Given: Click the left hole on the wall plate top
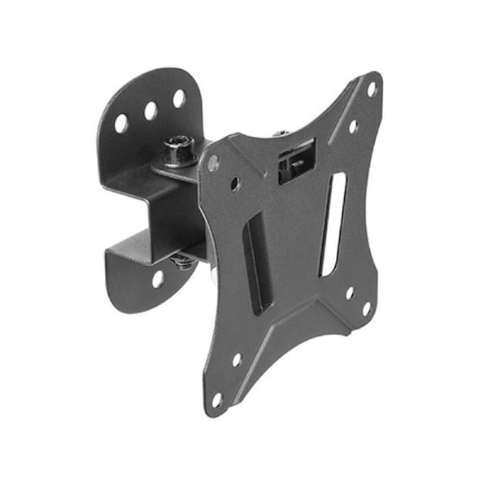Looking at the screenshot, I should click(121, 123).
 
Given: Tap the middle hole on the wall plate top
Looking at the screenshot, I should click(151, 111).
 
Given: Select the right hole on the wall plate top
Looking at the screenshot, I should click(179, 99).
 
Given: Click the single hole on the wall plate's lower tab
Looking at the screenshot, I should click(158, 278).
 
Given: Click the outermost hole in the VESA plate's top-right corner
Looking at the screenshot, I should click(372, 89).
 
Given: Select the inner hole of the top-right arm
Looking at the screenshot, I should click(353, 127).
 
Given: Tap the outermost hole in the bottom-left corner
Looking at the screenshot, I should click(217, 399).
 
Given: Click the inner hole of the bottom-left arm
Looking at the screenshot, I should click(237, 359).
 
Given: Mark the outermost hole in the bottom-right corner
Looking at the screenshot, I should click(366, 308).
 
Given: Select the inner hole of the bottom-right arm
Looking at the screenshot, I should click(350, 292).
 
